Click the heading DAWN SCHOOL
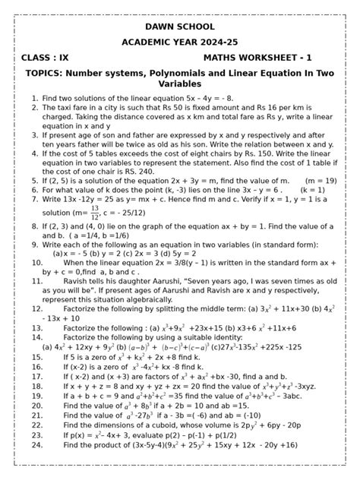(x=179, y=25)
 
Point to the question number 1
(x=35, y=99)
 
